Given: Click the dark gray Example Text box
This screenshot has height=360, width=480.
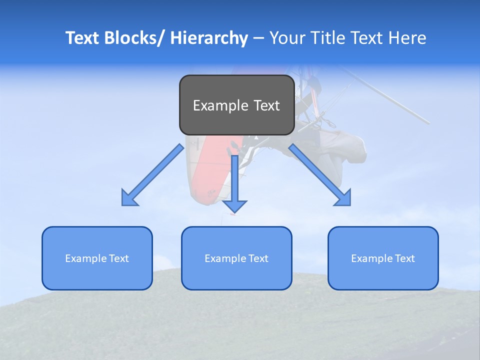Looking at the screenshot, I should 236,105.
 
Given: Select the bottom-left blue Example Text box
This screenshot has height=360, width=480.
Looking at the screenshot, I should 97,258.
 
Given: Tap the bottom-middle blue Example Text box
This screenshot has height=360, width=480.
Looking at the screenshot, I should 236,258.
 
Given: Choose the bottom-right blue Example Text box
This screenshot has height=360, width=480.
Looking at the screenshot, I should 383,258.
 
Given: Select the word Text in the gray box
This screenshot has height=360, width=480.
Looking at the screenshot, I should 266,105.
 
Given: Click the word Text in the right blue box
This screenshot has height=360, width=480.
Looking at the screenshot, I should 404,258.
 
